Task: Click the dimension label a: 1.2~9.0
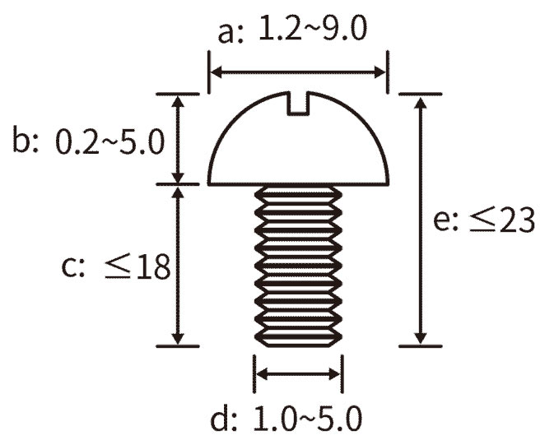(x=292, y=30)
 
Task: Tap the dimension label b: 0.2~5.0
(x=88, y=141)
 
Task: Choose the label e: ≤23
(x=484, y=220)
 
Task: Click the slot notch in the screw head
(x=298, y=104)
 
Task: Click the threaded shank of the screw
(x=298, y=266)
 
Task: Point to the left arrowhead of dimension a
(x=217, y=73)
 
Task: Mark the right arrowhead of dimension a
(x=380, y=73)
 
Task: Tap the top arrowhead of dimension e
(x=421, y=103)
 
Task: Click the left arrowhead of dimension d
(x=262, y=374)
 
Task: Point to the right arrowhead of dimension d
(x=334, y=374)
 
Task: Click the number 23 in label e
(x=517, y=220)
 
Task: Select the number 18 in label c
(x=153, y=266)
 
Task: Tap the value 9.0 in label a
(x=344, y=29)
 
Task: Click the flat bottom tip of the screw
(x=298, y=345)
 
